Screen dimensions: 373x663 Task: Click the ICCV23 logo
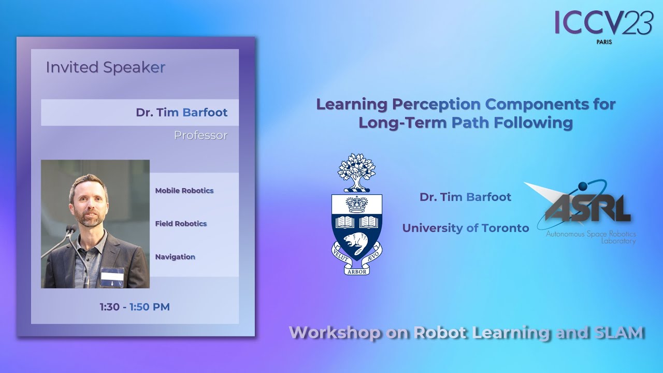tap(603, 23)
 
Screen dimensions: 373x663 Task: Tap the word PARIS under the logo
tap(604, 42)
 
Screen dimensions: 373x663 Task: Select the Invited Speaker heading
tap(106, 67)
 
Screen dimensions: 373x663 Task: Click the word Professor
tap(200, 135)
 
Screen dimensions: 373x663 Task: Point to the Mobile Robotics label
tap(184, 191)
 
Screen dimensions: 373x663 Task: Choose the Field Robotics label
tap(181, 224)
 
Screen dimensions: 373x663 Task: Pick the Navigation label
tap(175, 257)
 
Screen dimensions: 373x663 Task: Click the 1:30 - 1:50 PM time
tap(135, 307)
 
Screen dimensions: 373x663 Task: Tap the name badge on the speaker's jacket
tap(112, 276)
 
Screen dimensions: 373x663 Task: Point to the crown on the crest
tap(357, 205)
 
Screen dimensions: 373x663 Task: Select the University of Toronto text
tap(466, 228)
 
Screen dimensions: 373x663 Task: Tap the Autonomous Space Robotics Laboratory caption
tap(591, 237)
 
